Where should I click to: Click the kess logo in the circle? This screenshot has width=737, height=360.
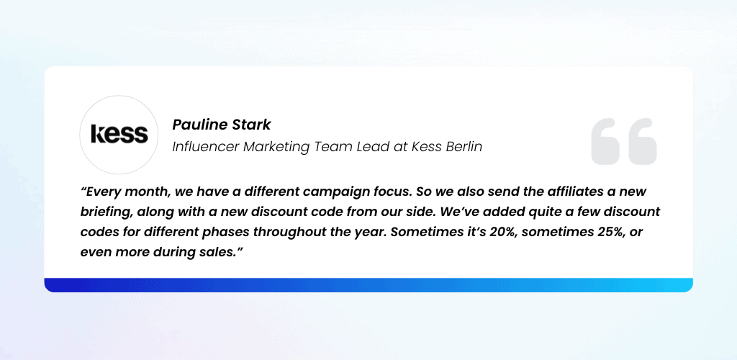(119, 134)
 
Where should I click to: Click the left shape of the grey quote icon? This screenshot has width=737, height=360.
(606, 141)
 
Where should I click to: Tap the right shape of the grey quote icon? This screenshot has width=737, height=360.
(643, 141)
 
